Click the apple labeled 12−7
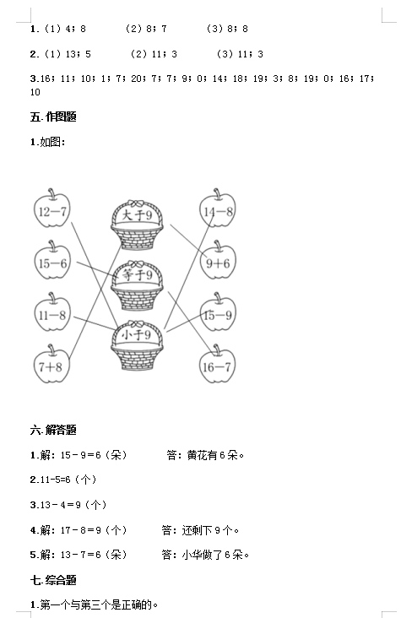click(x=52, y=209)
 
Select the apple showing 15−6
click(x=52, y=261)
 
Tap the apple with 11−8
click(x=52, y=313)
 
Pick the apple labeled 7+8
click(x=51, y=365)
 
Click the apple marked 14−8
click(x=218, y=209)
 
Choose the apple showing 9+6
click(x=218, y=261)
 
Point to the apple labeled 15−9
click(x=218, y=313)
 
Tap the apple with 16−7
click(x=217, y=365)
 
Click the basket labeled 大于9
click(x=137, y=225)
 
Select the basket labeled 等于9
click(x=137, y=285)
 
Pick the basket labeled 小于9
click(x=137, y=344)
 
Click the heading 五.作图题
click(x=53, y=117)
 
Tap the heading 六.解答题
click(x=53, y=430)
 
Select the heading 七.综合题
click(x=53, y=580)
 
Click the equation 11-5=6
click(x=55, y=480)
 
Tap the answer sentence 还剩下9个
click(x=210, y=530)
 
